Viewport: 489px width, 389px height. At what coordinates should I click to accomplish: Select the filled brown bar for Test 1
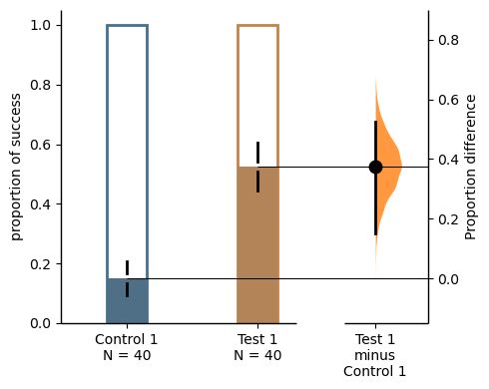257,249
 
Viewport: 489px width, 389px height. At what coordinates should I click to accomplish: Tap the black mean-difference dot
375,167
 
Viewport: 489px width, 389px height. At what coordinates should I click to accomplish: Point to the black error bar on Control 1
128,278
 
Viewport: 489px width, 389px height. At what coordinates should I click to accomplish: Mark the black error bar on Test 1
257,167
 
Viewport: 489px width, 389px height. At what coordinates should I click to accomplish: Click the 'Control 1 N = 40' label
128,346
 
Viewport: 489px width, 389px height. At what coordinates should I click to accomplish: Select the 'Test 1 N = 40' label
257,346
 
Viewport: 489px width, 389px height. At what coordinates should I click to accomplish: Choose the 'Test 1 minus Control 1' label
375,354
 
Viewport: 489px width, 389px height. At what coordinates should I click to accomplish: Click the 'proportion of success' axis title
18,165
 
